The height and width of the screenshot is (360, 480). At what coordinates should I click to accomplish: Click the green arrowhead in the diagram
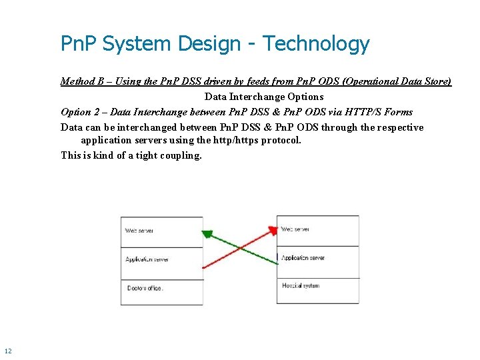pos(207,235)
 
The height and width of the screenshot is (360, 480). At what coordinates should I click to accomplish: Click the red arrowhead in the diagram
pos(272,231)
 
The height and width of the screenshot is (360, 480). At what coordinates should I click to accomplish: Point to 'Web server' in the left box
pos(139,231)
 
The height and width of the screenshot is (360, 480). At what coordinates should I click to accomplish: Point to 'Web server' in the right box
pos(295,229)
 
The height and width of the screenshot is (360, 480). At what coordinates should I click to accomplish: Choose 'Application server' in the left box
pos(147,259)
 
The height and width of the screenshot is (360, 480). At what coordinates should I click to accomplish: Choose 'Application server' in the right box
pos(303,257)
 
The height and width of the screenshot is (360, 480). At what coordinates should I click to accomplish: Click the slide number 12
pos(8,351)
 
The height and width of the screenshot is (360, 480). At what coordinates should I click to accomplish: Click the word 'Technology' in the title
pos(315,44)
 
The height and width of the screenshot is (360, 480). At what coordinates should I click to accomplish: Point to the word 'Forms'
pos(399,112)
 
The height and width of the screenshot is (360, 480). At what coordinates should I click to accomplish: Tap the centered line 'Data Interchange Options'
pos(264,97)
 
